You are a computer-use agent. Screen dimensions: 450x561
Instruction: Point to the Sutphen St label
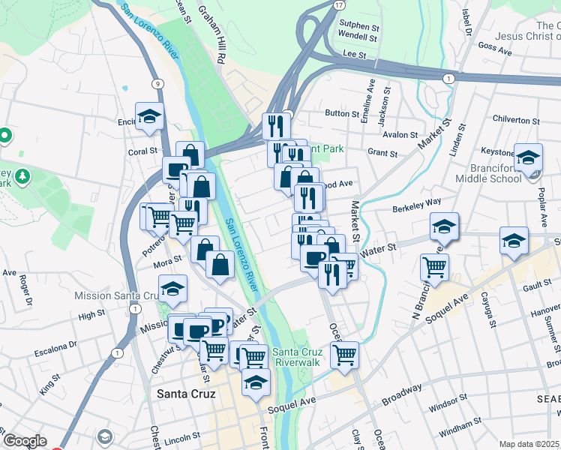click(x=357, y=25)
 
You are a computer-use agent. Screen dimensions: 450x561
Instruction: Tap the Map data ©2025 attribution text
click(x=529, y=444)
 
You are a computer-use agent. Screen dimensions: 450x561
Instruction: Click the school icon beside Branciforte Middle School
click(x=528, y=157)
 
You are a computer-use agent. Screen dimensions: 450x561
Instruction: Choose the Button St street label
click(x=342, y=113)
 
